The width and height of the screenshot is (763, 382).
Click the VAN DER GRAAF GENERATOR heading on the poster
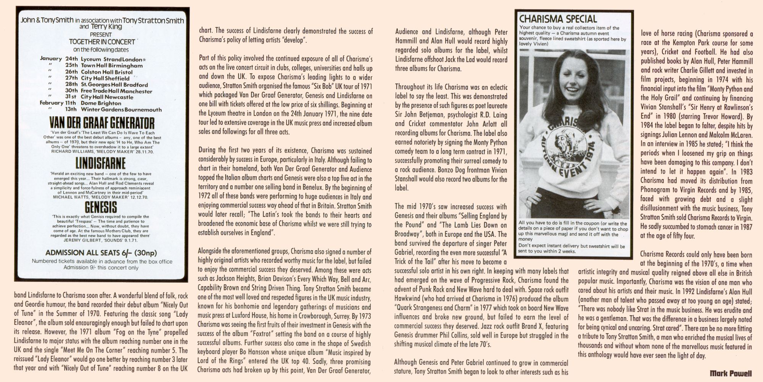[102, 123]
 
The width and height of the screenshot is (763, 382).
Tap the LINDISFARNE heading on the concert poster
[100, 163]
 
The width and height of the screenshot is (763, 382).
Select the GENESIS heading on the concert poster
[101, 207]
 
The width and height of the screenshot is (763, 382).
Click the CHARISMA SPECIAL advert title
[557, 19]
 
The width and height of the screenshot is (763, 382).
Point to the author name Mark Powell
[731, 373]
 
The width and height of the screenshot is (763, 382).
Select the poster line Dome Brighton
[101, 103]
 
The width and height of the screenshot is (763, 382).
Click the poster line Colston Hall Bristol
[106, 72]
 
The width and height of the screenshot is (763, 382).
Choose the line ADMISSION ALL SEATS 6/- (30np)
[101, 253]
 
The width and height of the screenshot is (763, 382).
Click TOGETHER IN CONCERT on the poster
[102, 42]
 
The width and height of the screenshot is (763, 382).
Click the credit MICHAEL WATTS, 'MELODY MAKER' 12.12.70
[100, 197]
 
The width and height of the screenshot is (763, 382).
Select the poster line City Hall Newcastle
[107, 97]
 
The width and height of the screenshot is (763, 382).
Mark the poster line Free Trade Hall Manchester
[116, 91]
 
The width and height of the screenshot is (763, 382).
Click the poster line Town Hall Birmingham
[112, 66]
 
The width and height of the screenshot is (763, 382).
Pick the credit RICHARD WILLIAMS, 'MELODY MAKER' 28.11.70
[100, 151]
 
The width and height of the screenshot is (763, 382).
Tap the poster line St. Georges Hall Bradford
[114, 85]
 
